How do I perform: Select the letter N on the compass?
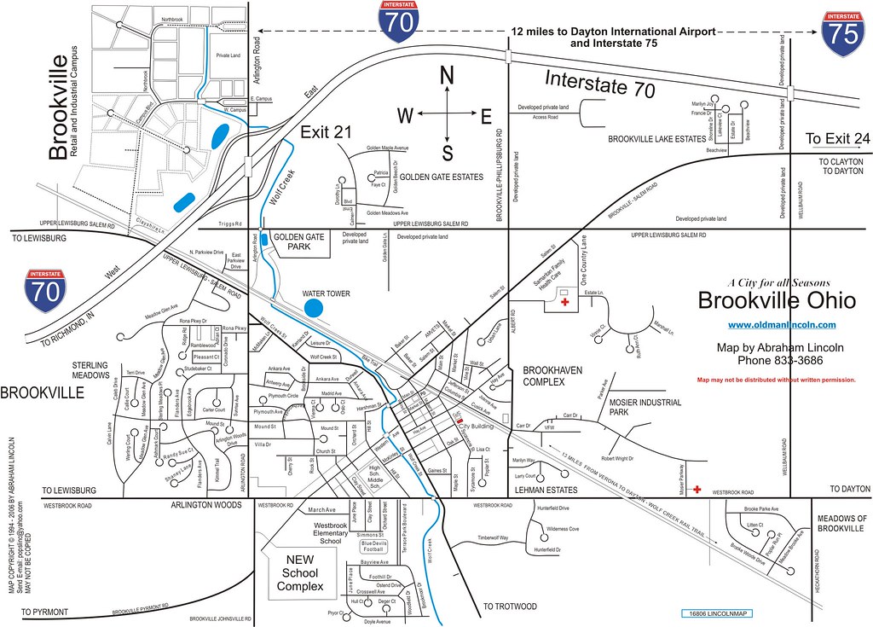[x=446, y=76]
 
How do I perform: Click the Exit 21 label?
[x=325, y=131]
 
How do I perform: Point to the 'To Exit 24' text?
[x=838, y=139]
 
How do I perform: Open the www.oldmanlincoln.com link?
[x=782, y=324]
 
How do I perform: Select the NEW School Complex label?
[x=300, y=572]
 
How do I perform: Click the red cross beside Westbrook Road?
[x=697, y=490]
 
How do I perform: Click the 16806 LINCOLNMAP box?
[x=717, y=613]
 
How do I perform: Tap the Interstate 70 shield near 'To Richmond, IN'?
[x=43, y=291]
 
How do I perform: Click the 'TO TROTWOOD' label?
[x=510, y=607]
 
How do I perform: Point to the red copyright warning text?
[x=777, y=380]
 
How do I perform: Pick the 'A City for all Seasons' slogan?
[x=778, y=283]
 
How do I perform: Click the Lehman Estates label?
[x=546, y=490]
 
